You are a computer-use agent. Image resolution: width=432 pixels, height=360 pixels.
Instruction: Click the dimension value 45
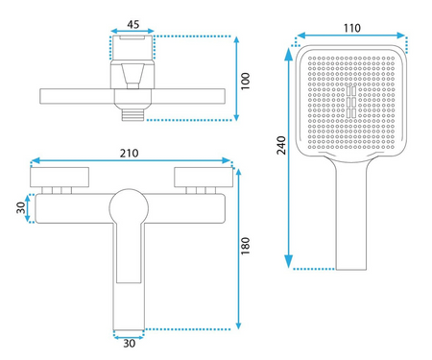[x=133, y=24]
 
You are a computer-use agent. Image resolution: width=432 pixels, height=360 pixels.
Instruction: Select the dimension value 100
[x=246, y=82]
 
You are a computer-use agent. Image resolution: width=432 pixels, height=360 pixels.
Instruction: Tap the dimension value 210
[x=130, y=154]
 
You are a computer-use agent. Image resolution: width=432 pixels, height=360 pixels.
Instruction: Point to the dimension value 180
[x=246, y=246]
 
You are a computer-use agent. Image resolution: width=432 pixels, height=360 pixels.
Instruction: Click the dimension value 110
[x=352, y=28]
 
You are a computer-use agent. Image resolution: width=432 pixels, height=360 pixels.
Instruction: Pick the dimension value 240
[x=281, y=146]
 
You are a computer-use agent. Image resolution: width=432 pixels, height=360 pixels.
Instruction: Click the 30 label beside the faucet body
[x=21, y=208]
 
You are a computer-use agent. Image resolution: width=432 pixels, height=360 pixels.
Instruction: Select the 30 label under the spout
[x=130, y=344]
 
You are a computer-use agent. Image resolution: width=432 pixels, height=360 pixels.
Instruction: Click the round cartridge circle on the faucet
[x=129, y=207]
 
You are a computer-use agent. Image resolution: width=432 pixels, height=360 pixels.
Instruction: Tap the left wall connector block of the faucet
[x=60, y=177]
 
